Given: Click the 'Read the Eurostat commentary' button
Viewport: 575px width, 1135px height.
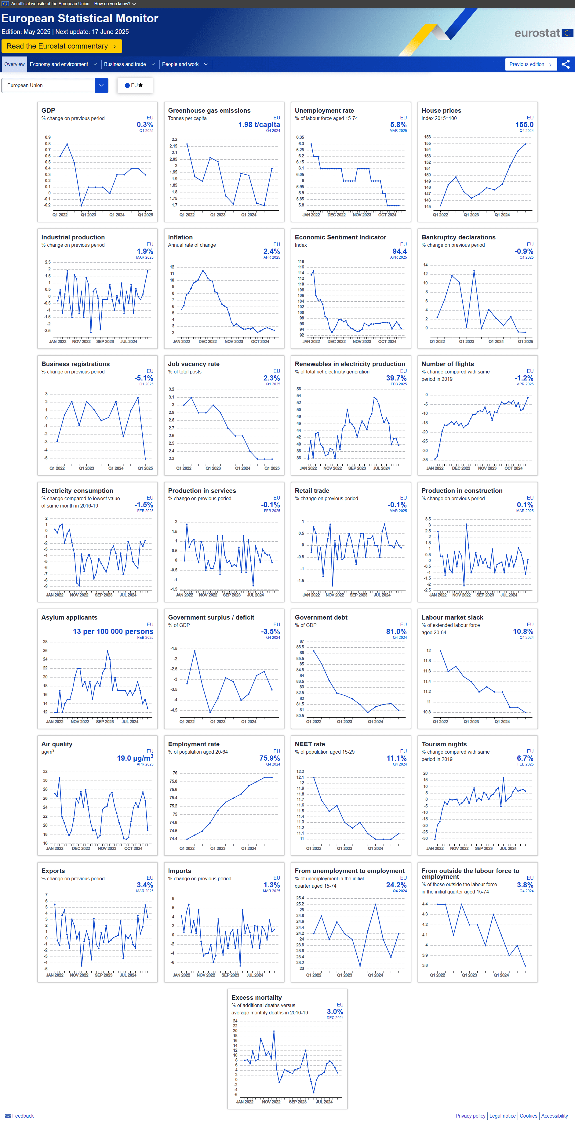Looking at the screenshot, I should click(x=61, y=46).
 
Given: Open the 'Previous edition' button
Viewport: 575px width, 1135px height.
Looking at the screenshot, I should click(x=530, y=64).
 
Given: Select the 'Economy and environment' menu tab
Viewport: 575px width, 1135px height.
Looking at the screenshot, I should click(x=63, y=64).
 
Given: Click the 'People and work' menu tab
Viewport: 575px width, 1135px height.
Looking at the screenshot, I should click(x=184, y=64).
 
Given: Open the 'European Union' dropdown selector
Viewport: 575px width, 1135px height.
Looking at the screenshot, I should click(x=55, y=85).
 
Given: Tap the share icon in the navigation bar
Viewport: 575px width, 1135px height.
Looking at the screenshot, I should click(x=566, y=64).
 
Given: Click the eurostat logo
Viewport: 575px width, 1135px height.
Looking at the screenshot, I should click(x=543, y=33).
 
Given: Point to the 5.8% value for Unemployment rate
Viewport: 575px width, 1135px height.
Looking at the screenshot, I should click(x=398, y=125).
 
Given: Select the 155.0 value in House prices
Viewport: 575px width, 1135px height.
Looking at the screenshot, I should click(x=524, y=125).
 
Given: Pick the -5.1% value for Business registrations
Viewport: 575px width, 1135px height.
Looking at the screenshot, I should click(x=144, y=378).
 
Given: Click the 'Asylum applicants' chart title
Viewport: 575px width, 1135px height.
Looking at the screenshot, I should click(x=69, y=617).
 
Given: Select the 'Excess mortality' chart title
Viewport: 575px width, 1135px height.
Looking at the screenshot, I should click(x=257, y=998).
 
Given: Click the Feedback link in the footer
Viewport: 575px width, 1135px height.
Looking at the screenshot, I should click(x=23, y=1116).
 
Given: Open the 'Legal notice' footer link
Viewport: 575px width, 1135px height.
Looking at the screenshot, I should click(x=502, y=1116).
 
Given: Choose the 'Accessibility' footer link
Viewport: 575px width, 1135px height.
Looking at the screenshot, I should click(x=554, y=1116).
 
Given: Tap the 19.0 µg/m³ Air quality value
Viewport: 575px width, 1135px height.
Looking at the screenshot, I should click(x=135, y=758).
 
